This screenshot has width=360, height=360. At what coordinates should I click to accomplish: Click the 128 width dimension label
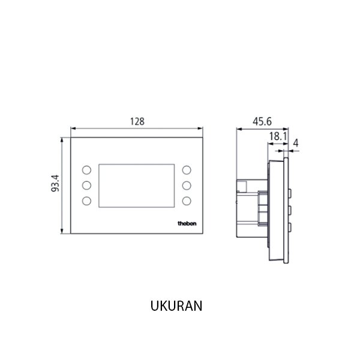(137, 121)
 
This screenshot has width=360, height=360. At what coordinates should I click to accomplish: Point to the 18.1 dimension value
(277, 137)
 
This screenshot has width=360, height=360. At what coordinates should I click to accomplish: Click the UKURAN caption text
(176, 305)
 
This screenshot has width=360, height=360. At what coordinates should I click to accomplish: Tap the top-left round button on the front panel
(86, 170)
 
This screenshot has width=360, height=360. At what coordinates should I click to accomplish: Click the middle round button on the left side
(86, 185)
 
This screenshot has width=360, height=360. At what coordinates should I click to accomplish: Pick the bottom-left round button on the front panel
(86, 200)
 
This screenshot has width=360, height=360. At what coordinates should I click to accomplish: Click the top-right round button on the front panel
(187, 170)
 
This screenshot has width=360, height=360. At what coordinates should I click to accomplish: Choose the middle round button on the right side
(187, 185)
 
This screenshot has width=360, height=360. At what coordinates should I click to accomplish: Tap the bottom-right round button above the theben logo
(187, 200)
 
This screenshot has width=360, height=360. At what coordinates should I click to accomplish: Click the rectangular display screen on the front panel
(137, 185)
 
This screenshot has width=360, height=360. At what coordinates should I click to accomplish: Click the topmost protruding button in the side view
(290, 192)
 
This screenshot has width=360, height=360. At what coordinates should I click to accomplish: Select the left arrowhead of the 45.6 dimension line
(239, 128)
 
